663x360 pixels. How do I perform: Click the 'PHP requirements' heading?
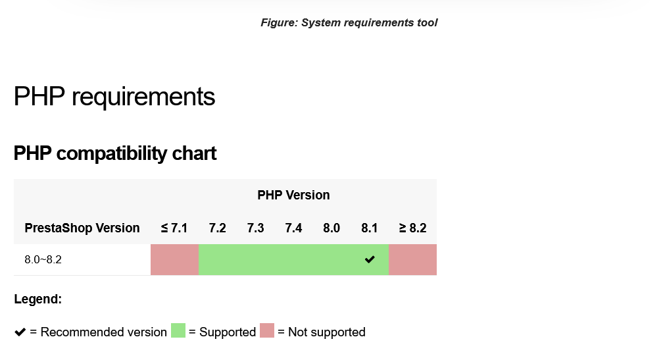[x=114, y=97]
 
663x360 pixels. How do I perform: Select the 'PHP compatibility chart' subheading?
[x=115, y=153]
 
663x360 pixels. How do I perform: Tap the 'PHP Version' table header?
[x=293, y=195]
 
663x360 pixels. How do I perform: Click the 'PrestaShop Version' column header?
[x=82, y=228]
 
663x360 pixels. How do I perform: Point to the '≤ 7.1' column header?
[x=174, y=228]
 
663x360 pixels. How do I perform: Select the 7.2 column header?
[x=217, y=228]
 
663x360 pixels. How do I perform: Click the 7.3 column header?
[x=255, y=228]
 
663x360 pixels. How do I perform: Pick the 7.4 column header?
[x=293, y=228]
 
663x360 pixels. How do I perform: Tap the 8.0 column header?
[x=331, y=228]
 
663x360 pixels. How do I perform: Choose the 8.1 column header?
[x=370, y=228]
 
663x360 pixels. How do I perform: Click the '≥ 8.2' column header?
[x=412, y=228]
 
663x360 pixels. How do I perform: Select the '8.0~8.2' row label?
[x=43, y=260]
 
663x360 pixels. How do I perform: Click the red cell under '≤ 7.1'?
[x=175, y=260]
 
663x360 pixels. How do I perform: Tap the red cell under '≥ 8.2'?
[x=412, y=260]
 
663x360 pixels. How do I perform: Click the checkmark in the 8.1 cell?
[x=370, y=259]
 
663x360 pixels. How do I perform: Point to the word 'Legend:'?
[x=38, y=299]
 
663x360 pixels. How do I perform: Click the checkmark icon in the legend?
[x=20, y=332]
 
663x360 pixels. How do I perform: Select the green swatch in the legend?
[x=178, y=330]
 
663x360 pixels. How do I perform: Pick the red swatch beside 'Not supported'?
[x=267, y=330]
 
